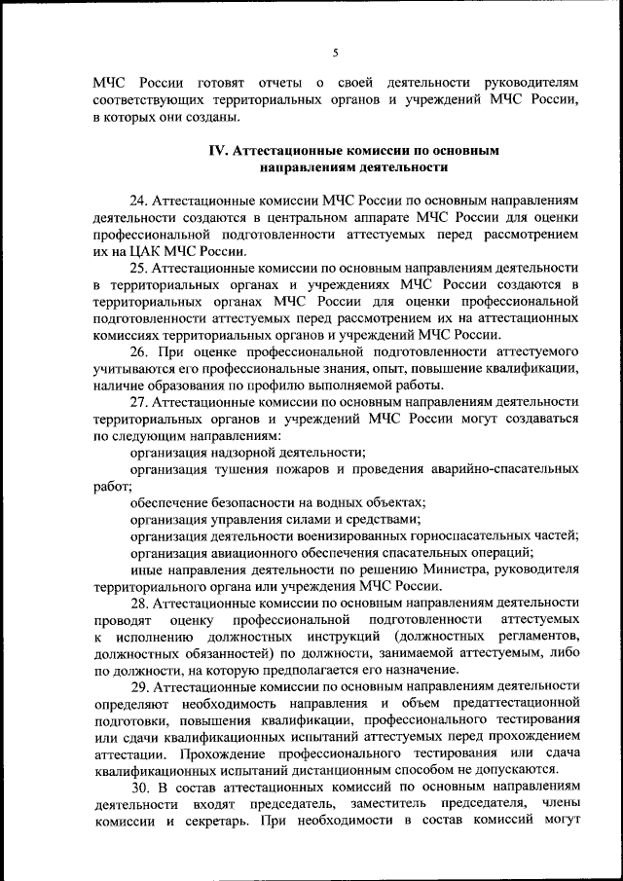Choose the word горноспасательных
[455, 535]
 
